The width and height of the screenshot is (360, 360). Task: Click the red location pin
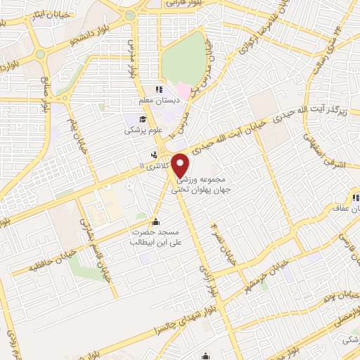182,165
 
